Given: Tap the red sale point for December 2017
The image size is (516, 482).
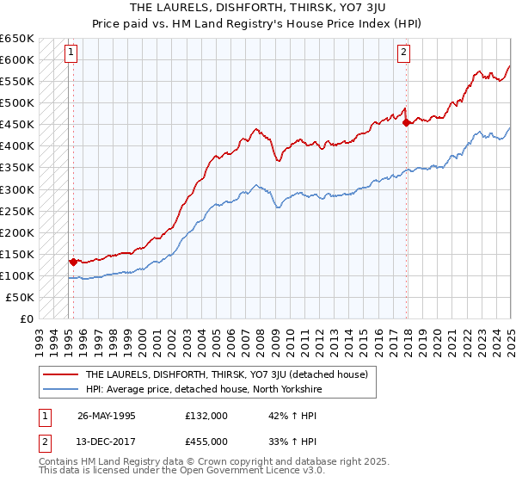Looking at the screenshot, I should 406,123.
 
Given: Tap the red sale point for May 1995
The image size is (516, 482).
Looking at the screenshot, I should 73,261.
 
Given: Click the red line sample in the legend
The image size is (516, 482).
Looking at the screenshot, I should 62,374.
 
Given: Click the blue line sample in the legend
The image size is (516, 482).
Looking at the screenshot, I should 62,390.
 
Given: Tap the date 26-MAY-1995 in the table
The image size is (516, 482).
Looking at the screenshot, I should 107,415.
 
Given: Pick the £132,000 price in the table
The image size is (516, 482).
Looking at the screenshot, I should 206,415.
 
